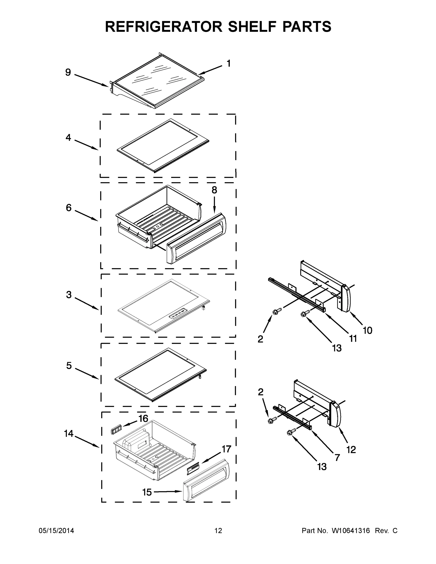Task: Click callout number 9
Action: pos(68,72)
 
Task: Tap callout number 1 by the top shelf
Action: pos(228,63)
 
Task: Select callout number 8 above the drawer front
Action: pos(214,190)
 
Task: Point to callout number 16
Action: pos(143,418)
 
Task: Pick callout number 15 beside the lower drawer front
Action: pos(147,492)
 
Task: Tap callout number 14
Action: pos(69,434)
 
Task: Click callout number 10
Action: pos(368,330)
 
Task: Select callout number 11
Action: pos(353,338)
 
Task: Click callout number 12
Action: pos(351,450)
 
